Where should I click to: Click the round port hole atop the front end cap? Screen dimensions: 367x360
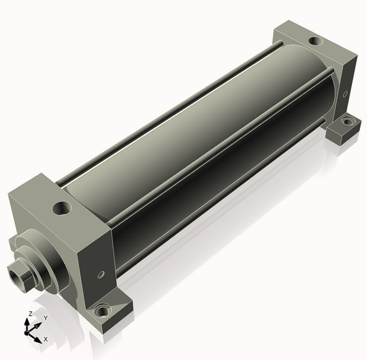click(62, 208)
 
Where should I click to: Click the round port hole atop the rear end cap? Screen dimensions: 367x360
click(316, 41)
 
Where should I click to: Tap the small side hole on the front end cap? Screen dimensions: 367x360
click(101, 274)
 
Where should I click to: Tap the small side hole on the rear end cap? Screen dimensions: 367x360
click(345, 94)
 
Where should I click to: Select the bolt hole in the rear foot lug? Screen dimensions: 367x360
click(347, 121)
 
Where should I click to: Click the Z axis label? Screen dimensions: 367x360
click(30, 314)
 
